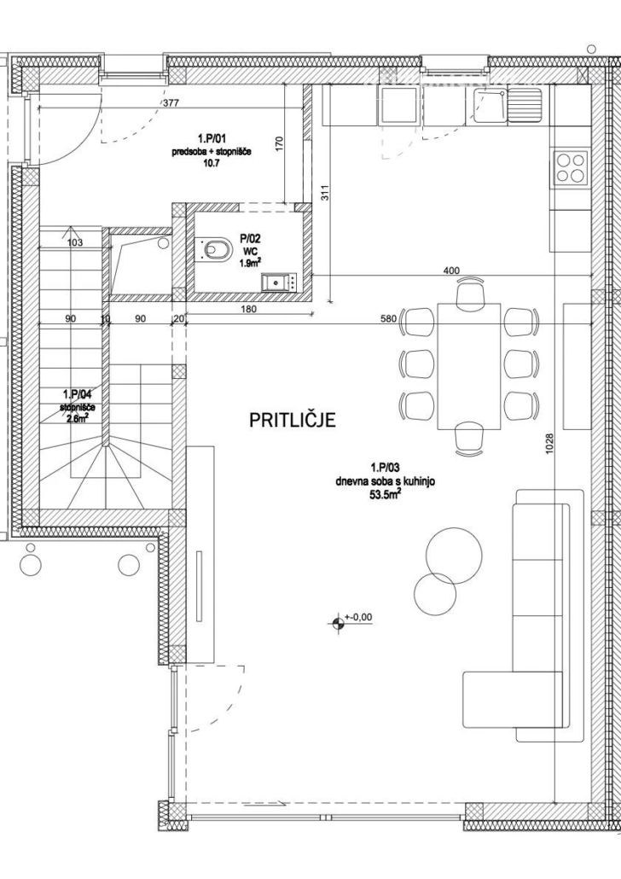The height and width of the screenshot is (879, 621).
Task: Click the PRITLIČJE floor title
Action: click(x=292, y=419)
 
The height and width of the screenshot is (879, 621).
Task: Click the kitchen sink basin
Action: click(x=490, y=105)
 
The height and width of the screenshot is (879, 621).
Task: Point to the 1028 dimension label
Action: click(x=549, y=446)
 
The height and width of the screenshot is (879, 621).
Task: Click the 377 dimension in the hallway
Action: click(x=171, y=102)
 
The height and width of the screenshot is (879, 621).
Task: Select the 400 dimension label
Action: click(x=451, y=271)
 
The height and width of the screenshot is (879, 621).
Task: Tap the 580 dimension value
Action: click(x=389, y=318)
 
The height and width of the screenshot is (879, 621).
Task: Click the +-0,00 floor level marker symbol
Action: click(x=338, y=621)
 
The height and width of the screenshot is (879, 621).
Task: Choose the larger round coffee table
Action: click(x=454, y=556)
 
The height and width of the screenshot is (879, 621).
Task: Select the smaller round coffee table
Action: click(x=435, y=595)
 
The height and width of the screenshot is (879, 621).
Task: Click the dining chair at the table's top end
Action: click(x=470, y=295)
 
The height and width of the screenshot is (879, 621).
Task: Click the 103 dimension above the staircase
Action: click(x=74, y=242)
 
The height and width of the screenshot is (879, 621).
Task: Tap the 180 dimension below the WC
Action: click(x=248, y=309)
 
